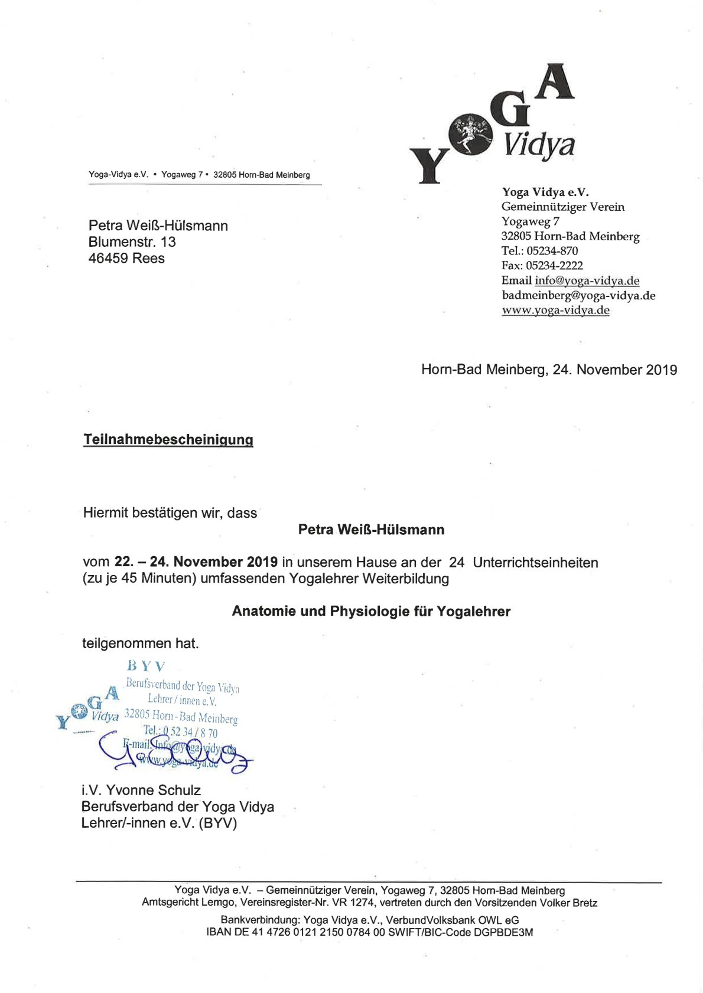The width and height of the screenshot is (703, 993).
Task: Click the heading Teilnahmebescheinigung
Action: [168, 440]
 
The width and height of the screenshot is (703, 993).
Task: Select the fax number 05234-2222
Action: [554, 266]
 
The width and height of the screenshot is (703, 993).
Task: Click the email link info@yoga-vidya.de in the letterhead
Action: [587, 280]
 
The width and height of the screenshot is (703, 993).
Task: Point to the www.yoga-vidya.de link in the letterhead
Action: [555, 311]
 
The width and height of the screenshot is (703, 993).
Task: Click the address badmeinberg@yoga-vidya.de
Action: [578, 295]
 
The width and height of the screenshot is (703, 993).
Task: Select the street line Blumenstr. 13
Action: [132, 242]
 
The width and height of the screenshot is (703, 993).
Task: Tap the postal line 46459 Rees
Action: [126, 259]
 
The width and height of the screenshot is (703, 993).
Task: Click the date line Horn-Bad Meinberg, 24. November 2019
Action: [549, 370]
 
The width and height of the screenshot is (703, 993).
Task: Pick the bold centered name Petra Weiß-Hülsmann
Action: [371, 530]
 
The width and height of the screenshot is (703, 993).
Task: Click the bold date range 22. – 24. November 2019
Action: [196, 562]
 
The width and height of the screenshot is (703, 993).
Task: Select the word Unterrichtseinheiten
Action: [535, 563]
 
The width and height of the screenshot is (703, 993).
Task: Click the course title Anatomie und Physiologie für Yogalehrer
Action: [371, 612]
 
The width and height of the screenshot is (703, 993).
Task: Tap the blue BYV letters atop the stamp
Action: [146, 667]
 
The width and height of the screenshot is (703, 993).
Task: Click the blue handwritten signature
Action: [177, 753]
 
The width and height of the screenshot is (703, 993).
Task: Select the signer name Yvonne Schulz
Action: [153, 791]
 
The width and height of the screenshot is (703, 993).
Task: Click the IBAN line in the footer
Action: [369, 933]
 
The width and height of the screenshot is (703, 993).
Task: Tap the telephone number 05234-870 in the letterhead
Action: [552, 251]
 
